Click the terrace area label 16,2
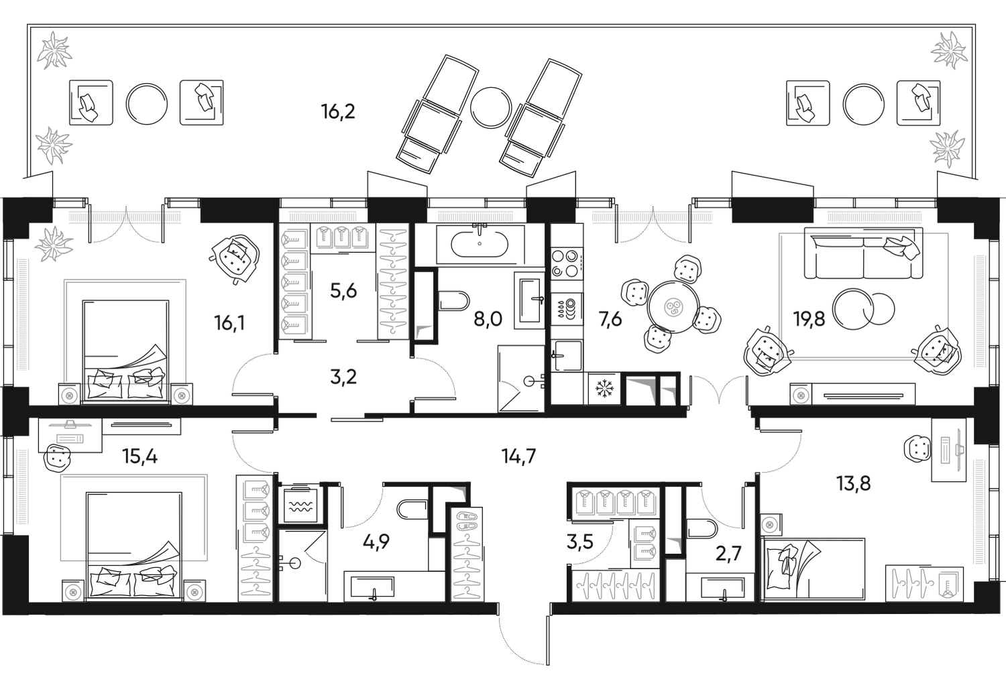tap(338, 111)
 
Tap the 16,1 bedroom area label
tap(229, 324)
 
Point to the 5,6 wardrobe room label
tap(343, 292)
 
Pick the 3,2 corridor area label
tap(343, 378)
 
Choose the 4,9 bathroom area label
tap(376, 542)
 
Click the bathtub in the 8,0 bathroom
tap(480, 243)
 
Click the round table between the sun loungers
tap(492, 108)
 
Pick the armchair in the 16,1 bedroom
tap(234, 259)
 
